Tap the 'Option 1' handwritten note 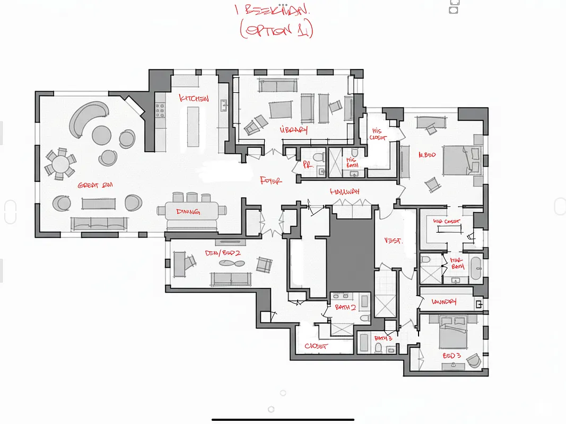point(276,30)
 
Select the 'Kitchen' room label point(194,99)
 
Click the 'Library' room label point(294,130)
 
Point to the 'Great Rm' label point(95,185)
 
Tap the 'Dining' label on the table point(188,212)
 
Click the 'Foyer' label point(271,181)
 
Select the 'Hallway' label point(345,191)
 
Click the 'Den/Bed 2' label point(223,253)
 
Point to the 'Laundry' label point(444,302)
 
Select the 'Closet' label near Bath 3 point(316,347)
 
